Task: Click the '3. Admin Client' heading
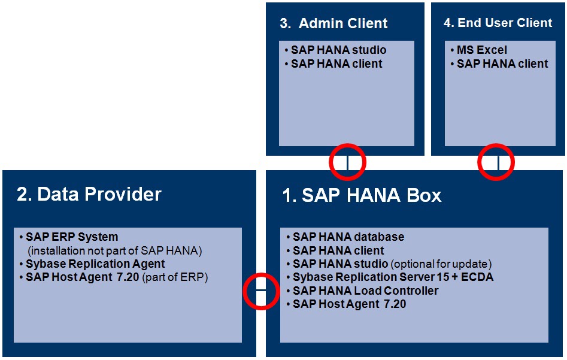point(333,23)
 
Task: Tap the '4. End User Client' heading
point(498,23)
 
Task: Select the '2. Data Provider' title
point(89,194)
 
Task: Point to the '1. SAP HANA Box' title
point(362,195)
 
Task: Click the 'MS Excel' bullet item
point(481,50)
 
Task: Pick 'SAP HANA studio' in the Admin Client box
point(338,50)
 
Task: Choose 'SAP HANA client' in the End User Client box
point(502,63)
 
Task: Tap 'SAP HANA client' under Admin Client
point(336,63)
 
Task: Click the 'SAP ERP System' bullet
point(72,237)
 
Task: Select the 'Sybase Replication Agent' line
point(95,264)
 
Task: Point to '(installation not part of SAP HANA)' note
point(115,250)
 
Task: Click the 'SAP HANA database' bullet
point(348,237)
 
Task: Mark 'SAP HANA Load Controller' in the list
point(365,291)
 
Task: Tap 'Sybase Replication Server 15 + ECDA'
point(393,277)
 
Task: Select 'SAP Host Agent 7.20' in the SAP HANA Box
point(349,304)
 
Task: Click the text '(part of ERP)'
point(175,277)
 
